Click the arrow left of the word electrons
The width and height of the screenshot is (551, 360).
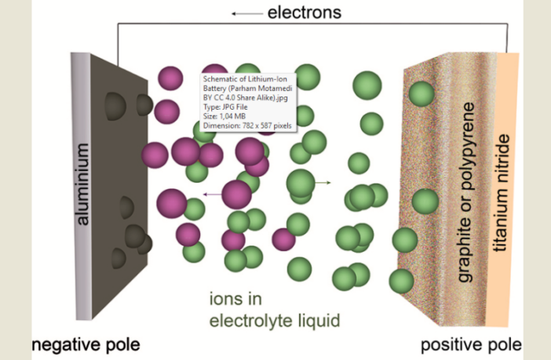click(x=246, y=13)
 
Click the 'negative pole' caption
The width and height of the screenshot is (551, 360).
click(x=87, y=344)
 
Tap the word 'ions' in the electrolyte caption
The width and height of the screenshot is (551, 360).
click(x=228, y=298)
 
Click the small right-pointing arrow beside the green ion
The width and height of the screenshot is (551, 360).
click(x=323, y=183)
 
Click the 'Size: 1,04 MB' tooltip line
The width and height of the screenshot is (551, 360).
click(x=230, y=115)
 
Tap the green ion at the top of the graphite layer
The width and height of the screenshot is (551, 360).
click(x=421, y=95)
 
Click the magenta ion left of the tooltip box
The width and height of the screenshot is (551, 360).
click(x=170, y=79)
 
